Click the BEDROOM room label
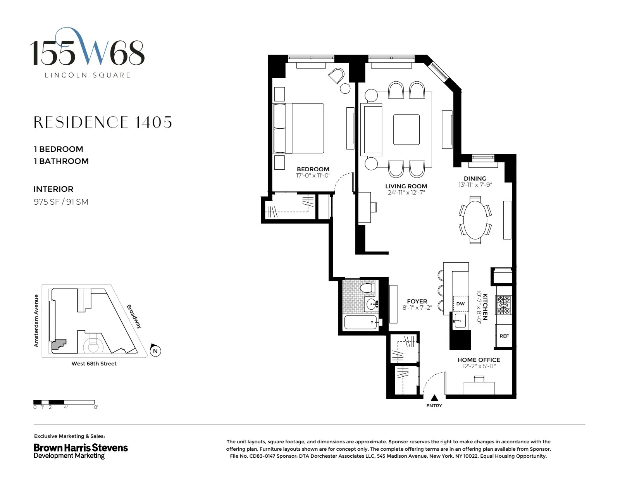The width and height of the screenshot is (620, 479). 313,169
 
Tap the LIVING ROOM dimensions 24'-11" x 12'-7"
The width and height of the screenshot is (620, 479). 406,193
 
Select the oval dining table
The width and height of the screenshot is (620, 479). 475,220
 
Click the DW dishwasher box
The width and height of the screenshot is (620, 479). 460,303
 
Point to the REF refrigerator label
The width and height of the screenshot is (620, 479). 504,336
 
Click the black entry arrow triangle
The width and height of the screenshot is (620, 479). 434,397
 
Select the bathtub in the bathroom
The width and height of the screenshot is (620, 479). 361,322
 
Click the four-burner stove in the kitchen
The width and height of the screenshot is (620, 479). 504,305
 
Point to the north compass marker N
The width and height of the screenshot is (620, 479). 155,351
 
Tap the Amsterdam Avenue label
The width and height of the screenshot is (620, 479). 36,320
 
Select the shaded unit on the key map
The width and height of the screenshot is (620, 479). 59,345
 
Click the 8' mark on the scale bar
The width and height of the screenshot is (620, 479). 96,407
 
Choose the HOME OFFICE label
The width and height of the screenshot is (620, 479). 479,360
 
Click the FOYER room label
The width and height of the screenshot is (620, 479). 417,301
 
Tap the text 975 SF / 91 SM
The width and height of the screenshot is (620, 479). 61,202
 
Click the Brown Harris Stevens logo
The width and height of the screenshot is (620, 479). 81,451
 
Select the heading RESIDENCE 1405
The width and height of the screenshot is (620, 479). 103,122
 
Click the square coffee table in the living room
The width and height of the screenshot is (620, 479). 406,129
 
